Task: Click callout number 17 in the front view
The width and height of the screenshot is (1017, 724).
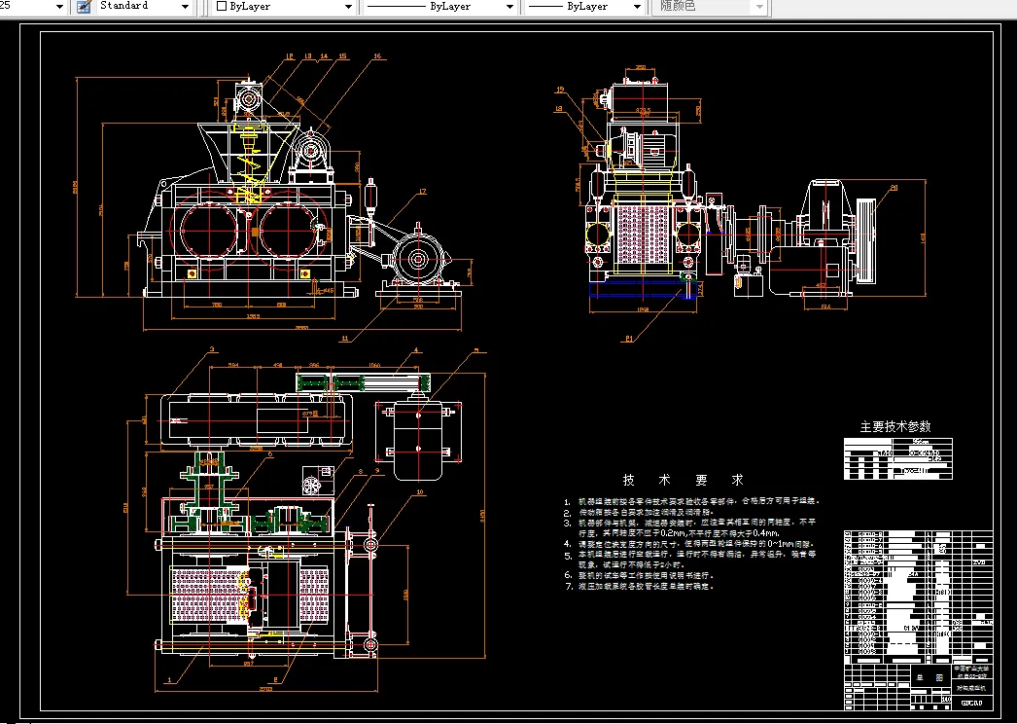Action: click(423, 191)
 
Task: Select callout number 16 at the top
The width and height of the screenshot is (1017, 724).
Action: click(377, 56)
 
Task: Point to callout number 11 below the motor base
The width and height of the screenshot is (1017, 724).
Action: click(345, 339)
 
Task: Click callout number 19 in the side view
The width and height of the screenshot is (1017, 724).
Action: click(561, 90)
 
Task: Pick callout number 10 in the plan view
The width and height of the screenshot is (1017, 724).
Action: click(421, 493)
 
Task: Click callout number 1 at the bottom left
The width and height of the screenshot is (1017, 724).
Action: click(171, 679)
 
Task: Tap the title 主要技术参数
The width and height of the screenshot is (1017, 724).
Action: click(894, 426)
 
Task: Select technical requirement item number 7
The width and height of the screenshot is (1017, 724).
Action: click(569, 587)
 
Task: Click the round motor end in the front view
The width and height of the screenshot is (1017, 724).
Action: click(420, 260)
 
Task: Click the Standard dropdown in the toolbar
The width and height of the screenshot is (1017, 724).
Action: click(143, 6)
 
